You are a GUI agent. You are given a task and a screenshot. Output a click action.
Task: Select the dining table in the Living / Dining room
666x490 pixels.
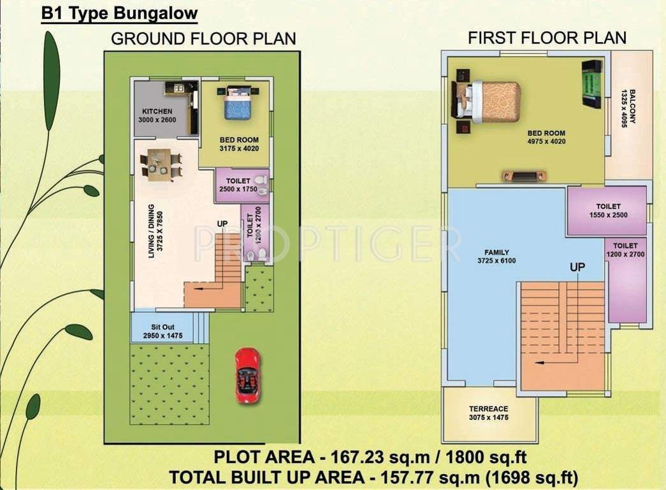(160, 163)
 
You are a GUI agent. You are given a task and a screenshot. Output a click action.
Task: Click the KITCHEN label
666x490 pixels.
(157, 111)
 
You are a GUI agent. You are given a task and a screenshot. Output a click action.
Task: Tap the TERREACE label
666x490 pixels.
(489, 409)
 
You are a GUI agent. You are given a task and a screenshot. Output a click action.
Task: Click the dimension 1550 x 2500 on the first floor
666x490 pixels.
(609, 215)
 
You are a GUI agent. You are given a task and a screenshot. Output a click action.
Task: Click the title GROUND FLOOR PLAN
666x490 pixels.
(203, 38)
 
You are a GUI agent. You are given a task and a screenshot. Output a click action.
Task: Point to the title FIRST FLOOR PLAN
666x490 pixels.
(547, 38)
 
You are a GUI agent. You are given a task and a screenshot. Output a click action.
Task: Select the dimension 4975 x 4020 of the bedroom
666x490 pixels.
(546, 141)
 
